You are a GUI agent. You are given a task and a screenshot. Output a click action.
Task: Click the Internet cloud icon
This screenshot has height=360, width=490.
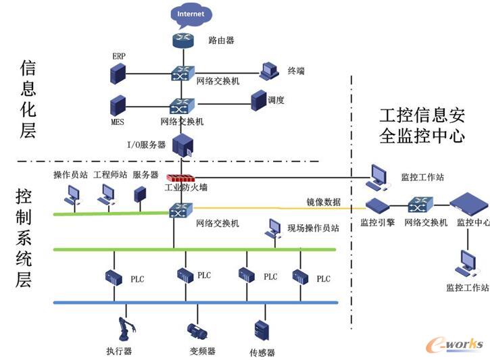(190, 14)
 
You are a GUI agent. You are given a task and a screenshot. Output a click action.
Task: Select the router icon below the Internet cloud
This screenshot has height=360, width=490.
(181, 41)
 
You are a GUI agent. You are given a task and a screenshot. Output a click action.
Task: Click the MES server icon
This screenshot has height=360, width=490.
(118, 105)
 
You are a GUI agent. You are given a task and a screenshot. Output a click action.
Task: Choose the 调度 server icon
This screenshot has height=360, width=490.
(258, 101)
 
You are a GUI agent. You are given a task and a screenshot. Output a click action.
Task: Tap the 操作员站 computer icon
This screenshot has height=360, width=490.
(71, 195)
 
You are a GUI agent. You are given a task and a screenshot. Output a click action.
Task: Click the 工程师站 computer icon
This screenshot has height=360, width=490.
(105, 195)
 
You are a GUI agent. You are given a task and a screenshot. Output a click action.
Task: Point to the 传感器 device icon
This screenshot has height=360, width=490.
(262, 330)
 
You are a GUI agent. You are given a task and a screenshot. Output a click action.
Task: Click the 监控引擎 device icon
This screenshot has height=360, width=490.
(376, 205)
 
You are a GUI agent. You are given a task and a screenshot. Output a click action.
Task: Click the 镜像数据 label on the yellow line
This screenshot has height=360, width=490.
(323, 202)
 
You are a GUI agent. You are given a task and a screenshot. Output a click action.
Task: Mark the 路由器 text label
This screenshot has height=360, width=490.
(221, 41)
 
